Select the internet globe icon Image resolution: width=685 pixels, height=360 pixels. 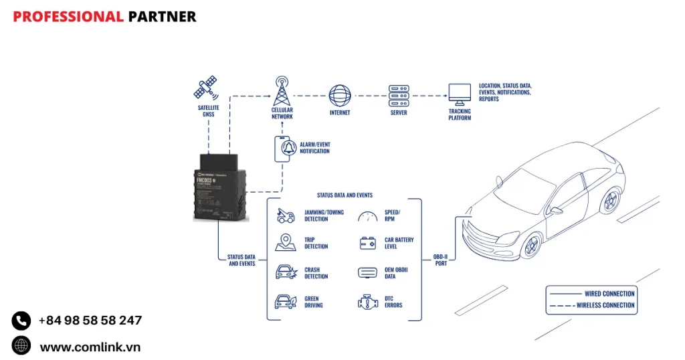tap(340, 94)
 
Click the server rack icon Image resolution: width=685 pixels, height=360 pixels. tap(398, 94)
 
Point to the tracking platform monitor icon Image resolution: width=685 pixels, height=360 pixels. tap(460, 94)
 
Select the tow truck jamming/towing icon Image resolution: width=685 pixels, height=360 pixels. tap(286, 215)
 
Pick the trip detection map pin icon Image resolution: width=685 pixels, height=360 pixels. tap(286, 242)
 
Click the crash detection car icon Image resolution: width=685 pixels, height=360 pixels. tap(286, 272)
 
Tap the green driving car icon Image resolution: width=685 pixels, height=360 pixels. tap(286, 302)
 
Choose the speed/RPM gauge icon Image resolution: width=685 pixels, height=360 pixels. tap(367, 215)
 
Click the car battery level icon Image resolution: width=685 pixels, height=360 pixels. tap(368, 243)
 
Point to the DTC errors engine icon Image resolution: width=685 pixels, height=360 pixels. tap(368, 302)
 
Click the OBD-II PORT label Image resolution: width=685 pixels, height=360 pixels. tap(439, 260)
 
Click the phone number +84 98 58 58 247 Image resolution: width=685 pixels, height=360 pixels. tap(90, 321)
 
